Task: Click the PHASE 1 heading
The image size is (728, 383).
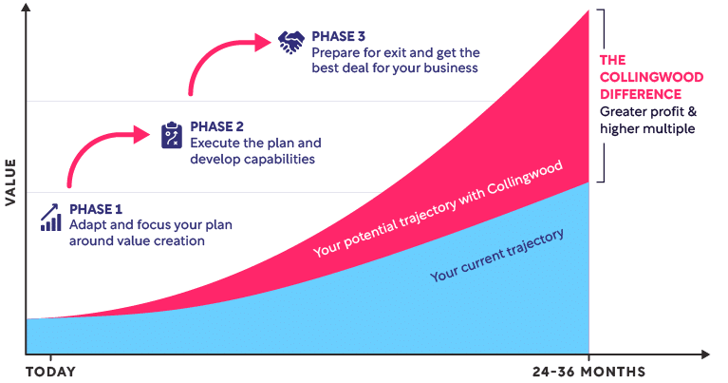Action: click(x=97, y=208)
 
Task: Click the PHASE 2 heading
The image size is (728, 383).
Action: click(x=218, y=125)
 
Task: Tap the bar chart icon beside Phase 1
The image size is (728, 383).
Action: click(x=52, y=217)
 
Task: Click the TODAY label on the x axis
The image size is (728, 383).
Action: click(x=49, y=371)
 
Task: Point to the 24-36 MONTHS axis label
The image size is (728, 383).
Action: click(x=588, y=371)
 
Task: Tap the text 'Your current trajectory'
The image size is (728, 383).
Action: click(x=497, y=255)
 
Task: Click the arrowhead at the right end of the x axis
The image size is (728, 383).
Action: click(x=707, y=354)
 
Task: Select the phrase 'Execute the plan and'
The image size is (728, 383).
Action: click(x=255, y=143)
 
